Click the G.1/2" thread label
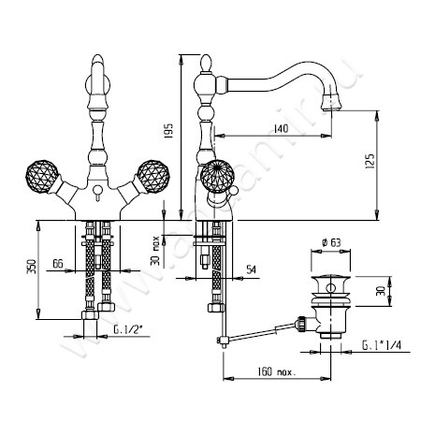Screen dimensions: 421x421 point(124,330)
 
